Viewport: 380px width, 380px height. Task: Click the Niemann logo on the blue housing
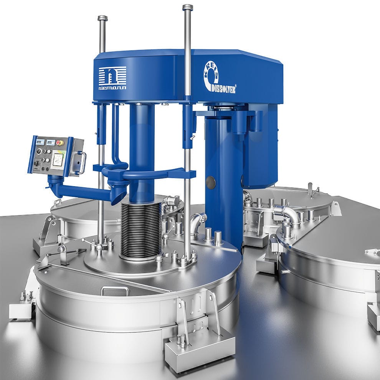pos(112,78)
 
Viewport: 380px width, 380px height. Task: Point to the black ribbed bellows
pos(141,230)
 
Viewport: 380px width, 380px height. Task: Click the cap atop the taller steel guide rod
pos(188,7)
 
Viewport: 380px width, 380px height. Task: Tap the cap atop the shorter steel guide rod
pos(102,18)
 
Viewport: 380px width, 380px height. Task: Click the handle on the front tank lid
pos(115,290)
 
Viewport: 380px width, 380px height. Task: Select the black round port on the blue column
pos(210,182)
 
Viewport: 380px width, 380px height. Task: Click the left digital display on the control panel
pos(40,142)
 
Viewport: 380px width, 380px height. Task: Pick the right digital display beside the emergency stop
pos(50,142)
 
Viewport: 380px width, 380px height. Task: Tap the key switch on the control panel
pos(37,163)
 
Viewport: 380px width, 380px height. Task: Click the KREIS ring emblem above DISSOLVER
pos(211,73)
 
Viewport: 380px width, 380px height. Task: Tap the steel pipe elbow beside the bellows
pos(198,221)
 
